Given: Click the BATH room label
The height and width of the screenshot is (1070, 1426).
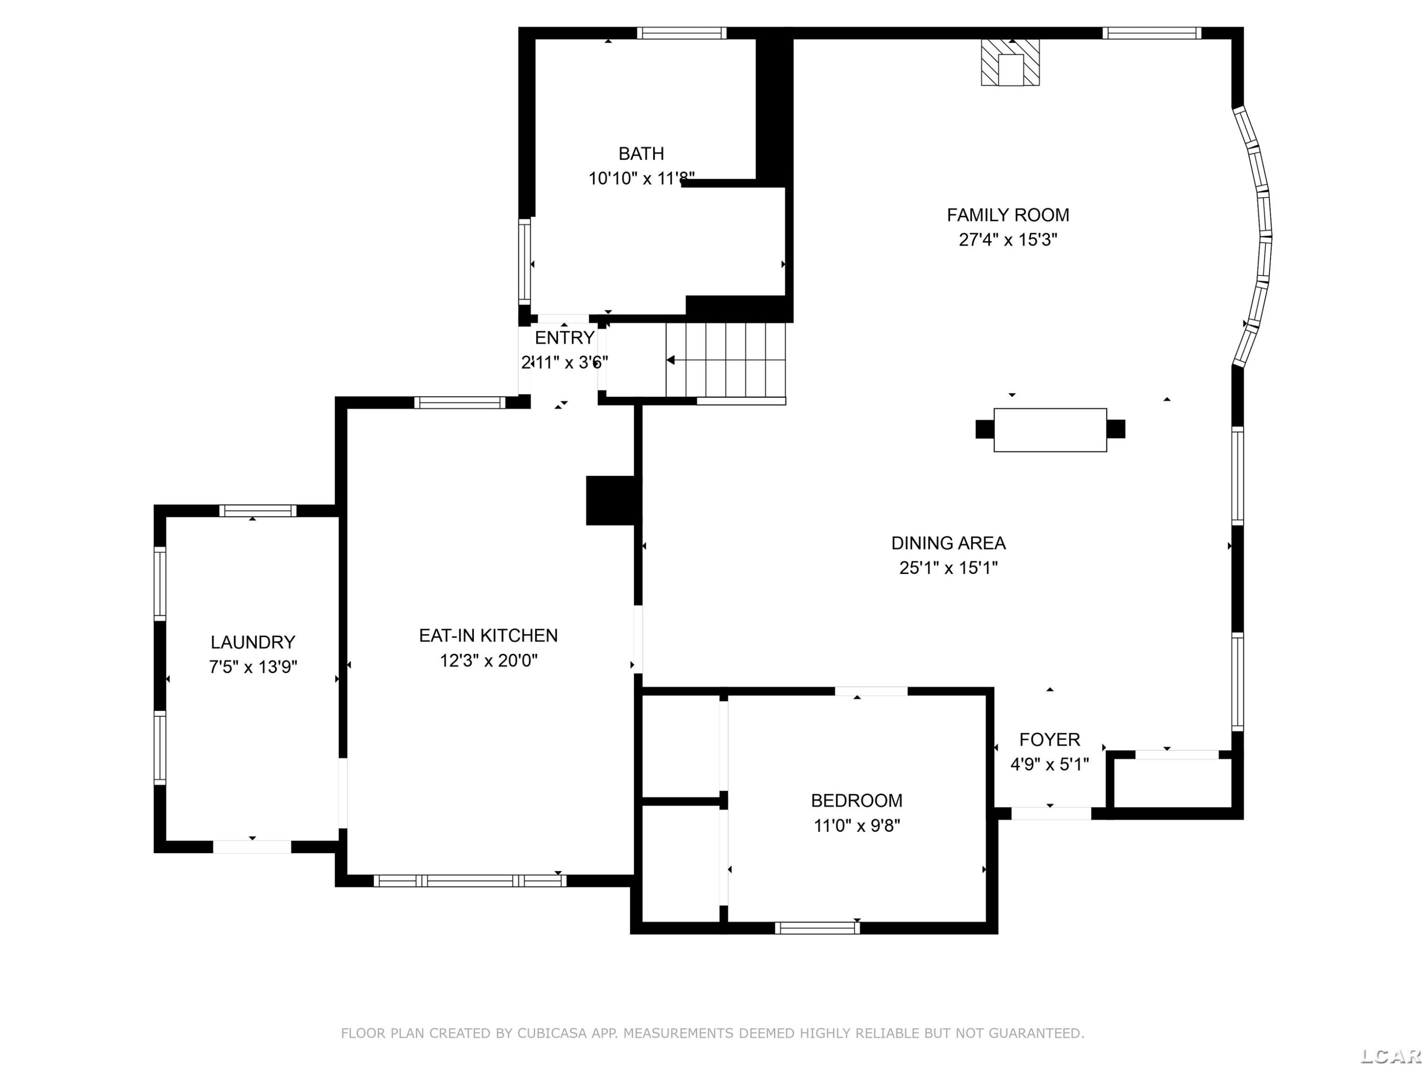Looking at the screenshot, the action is point(641,154).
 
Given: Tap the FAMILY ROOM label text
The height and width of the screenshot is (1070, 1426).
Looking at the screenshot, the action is point(1008,215).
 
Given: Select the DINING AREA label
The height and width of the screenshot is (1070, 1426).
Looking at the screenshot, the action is point(948,543).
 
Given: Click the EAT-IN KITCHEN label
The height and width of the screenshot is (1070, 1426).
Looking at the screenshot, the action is point(488,635).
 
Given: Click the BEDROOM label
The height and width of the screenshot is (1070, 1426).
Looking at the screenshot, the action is point(857,800).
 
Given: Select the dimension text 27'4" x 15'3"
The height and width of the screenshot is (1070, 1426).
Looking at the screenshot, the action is point(1008,240).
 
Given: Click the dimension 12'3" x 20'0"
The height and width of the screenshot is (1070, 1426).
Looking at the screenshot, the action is point(489,661).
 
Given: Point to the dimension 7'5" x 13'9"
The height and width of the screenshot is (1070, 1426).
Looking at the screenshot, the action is point(253,666).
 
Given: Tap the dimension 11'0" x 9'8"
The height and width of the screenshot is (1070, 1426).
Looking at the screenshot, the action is point(857,826).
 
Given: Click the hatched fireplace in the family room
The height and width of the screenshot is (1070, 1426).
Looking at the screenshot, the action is point(1010,62).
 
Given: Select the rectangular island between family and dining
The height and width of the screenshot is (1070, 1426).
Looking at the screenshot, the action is point(1050,429).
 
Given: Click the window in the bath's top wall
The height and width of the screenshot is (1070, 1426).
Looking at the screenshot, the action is point(682,33).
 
